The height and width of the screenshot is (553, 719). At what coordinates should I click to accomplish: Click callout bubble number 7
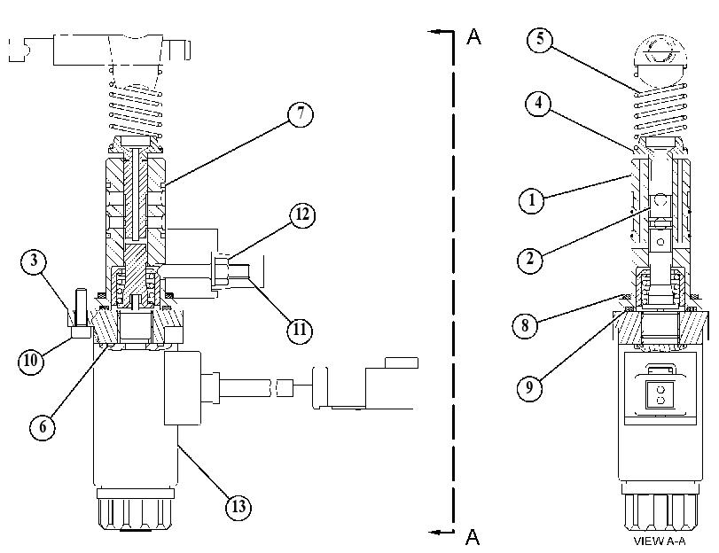pos(301,113)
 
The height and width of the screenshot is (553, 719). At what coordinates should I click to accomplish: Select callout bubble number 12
pos(302,214)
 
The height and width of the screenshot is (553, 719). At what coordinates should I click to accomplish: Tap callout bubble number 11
pos(300,330)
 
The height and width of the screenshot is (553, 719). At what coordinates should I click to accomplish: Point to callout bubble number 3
pos(34,261)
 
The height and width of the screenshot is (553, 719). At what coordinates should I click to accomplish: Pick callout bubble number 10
pos(31,361)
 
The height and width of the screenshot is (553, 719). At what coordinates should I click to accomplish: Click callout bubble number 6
pos(43,427)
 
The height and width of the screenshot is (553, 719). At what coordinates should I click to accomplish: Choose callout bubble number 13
pos(238,507)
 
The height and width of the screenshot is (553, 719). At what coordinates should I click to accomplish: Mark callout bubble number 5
pos(540,38)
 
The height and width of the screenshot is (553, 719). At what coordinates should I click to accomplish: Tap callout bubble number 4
pos(539,103)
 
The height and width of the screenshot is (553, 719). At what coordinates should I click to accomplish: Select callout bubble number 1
pos(532,200)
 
